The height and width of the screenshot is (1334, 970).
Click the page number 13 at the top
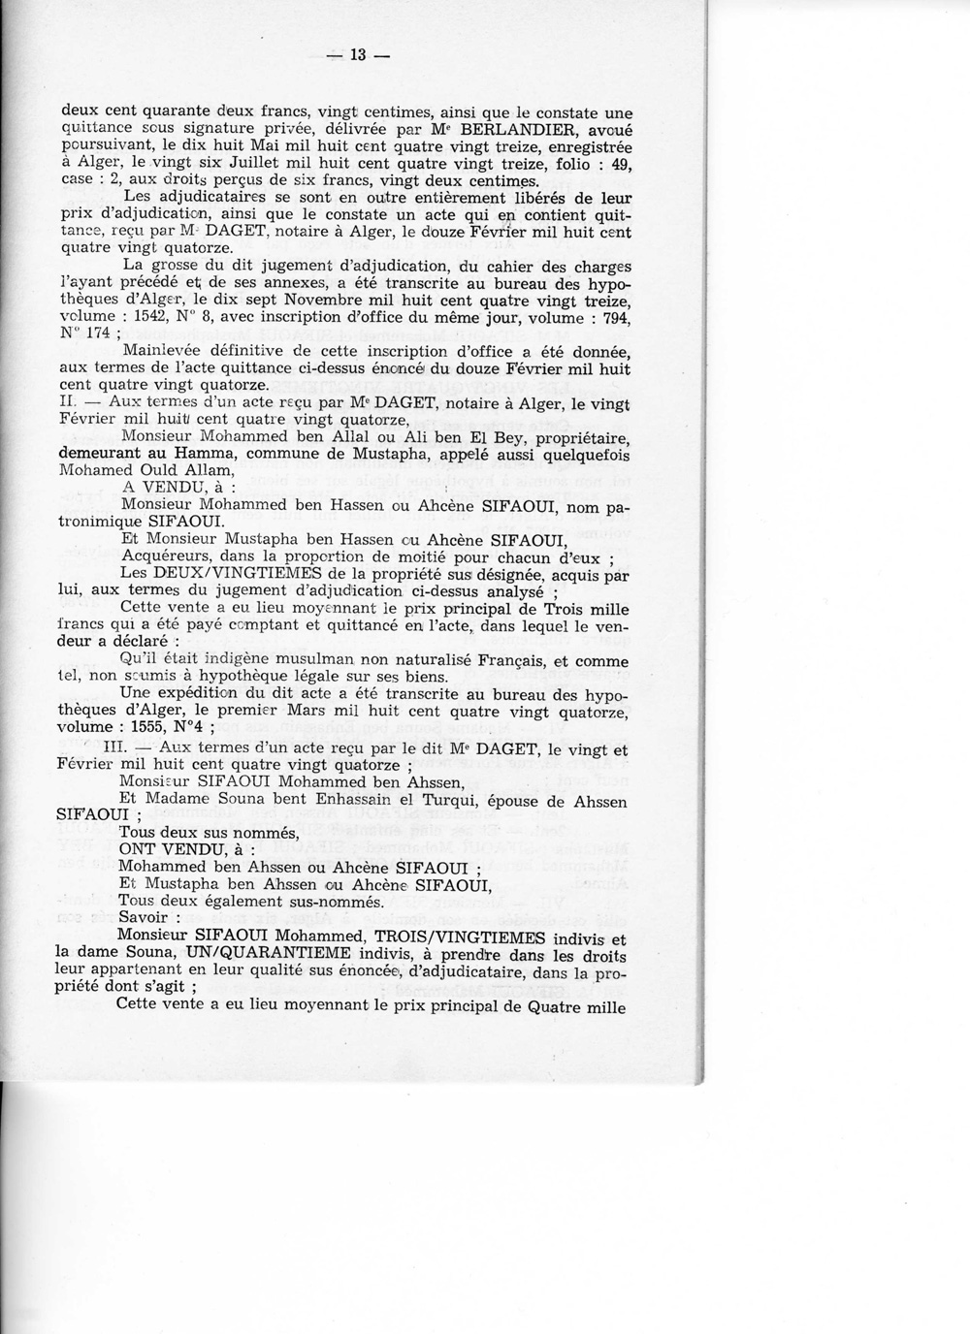(x=356, y=55)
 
